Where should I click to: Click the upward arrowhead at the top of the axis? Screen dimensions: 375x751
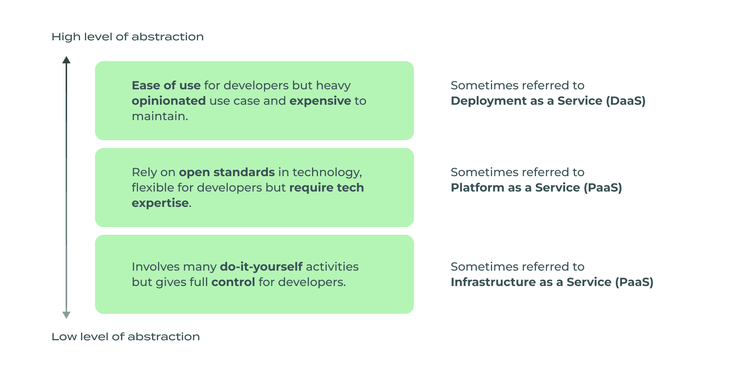point(66,60)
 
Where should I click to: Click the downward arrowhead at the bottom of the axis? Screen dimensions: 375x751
point(66,315)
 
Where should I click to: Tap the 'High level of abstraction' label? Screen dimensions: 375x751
point(127,37)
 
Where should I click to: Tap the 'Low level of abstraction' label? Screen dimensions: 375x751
point(125,337)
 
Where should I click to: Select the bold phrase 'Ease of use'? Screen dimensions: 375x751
point(166,85)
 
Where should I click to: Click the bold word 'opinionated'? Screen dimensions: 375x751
point(169,101)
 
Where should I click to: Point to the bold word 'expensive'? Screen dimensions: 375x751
point(320,101)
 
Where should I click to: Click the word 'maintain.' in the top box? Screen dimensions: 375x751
point(160,116)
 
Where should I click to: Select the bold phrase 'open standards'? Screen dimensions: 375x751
point(227,172)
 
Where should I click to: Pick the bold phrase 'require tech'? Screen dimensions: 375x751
point(326,187)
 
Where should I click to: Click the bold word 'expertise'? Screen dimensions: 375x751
point(160,203)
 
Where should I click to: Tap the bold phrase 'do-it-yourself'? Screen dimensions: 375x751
point(261,267)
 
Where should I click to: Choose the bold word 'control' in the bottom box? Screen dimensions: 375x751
point(233,282)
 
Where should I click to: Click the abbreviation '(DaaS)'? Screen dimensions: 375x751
point(626,101)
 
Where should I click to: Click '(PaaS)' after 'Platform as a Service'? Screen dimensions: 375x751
point(602,187)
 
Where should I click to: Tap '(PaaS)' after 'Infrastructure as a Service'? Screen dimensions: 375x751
point(634,282)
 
